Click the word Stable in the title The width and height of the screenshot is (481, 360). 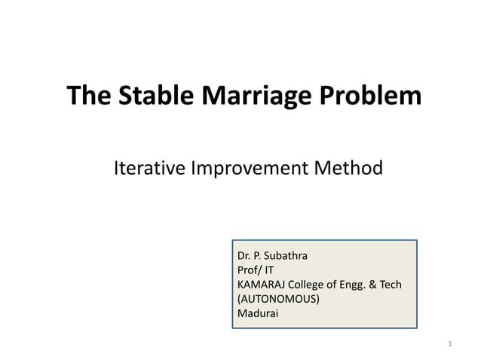(143, 97)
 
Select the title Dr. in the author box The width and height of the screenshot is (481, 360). (244, 255)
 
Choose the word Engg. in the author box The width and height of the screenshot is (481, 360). (357, 284)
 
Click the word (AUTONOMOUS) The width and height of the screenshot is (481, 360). (278, 298)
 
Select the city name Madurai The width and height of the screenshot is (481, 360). (258, 313)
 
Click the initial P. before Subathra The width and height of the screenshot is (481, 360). (259, 255)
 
